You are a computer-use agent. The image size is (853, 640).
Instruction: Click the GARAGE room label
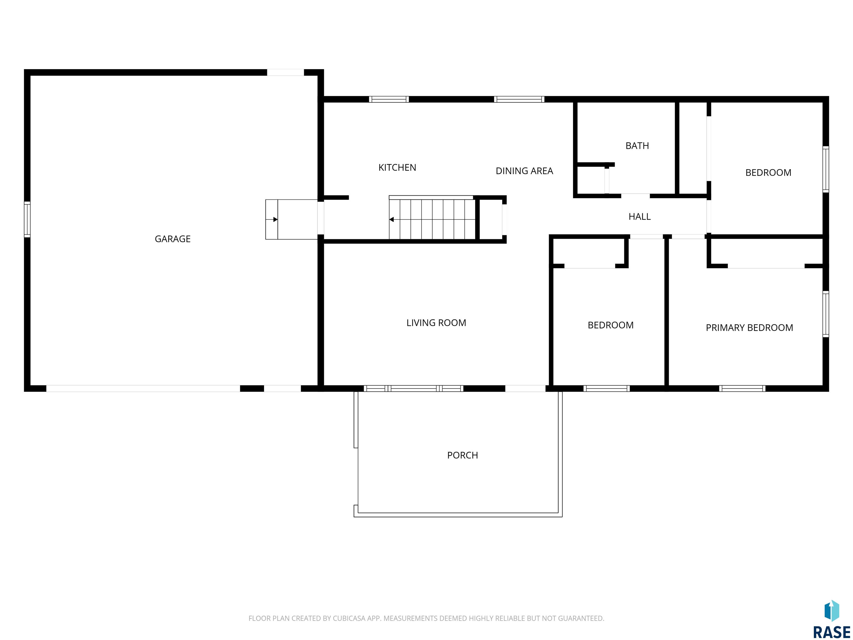(172, 239)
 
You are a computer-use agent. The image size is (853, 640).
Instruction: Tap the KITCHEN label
(397, 167)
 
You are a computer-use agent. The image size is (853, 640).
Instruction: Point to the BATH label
(637, 146)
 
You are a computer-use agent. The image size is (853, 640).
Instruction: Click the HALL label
(639, 217)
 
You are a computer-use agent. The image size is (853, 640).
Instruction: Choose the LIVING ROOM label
(436, 323)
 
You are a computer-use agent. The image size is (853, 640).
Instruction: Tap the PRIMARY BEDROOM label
(749, 328)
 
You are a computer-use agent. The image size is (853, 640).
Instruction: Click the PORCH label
(462, 455)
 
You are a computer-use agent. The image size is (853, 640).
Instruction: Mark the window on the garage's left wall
(27, 219)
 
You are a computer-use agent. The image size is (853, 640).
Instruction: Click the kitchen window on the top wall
(389, 99)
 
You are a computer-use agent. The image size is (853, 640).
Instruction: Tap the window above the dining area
(519, 99)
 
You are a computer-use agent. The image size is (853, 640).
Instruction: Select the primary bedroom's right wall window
(826, 314)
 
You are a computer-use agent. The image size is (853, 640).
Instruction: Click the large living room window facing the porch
(413, 389)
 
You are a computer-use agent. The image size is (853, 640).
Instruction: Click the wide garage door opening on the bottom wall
(143, 389)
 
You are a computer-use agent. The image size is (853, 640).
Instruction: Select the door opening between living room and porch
(525, 389)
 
